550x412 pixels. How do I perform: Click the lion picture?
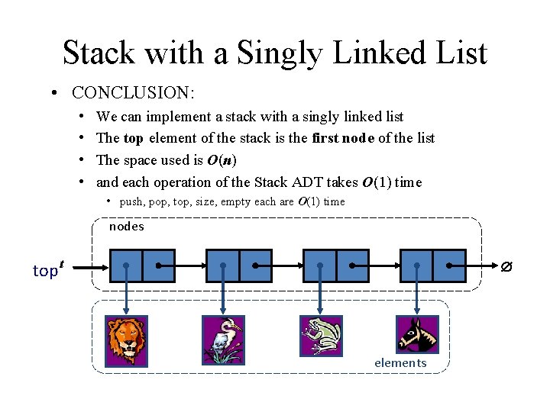pos(126,341)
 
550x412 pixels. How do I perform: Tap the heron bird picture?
pos(223,341)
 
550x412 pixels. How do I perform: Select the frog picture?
pos(320,336)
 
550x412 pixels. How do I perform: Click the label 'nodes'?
pos(126,227)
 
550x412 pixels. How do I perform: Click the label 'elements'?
pos(400,362)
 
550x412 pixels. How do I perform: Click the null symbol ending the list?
pos(505,267)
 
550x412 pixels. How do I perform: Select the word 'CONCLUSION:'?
pos(134,93)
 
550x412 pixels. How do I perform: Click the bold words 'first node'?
pos(344,138)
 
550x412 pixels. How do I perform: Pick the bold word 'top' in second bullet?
pos(133,138)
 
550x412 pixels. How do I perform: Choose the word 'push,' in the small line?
pos(132,202)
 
